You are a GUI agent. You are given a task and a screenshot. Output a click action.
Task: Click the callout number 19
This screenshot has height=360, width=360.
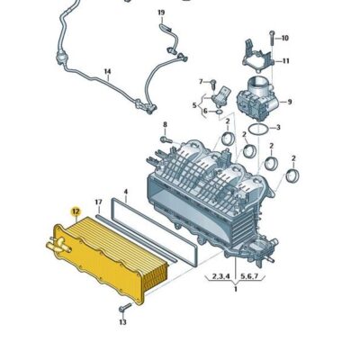[x=162, y=13]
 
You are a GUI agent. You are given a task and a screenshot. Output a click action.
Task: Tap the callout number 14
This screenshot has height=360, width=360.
[x=107, y=71]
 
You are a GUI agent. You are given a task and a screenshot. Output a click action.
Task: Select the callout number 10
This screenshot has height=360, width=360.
[x=285, y=38]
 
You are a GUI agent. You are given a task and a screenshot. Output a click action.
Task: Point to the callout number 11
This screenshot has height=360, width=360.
[x=287, y=61]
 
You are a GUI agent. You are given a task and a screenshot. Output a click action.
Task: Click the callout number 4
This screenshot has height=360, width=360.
[x=126, y=191]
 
